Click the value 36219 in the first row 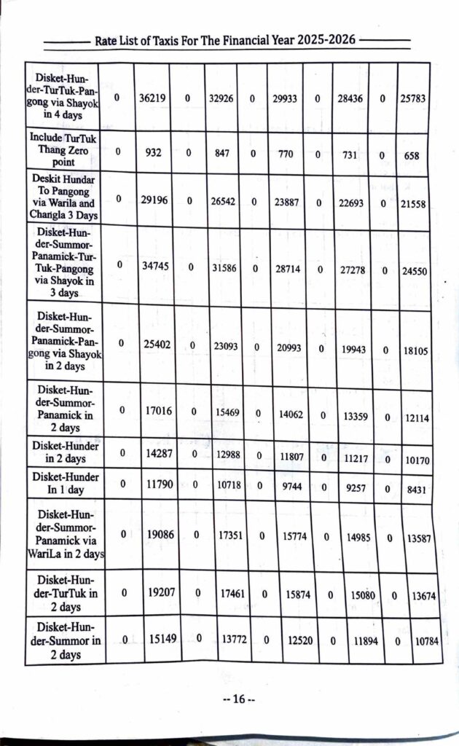[152, 98]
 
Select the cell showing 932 [152, 153]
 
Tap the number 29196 [154, 198]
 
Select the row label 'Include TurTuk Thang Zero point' [62, 149]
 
